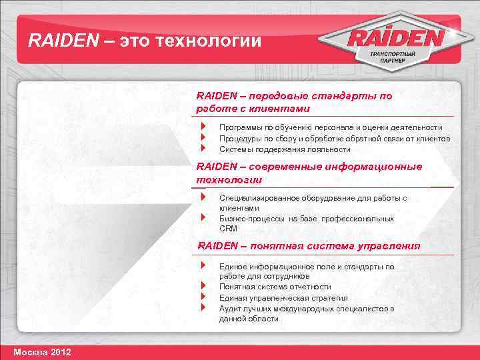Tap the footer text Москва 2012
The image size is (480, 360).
coord(41,351)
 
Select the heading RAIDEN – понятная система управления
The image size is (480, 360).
coord(309,245)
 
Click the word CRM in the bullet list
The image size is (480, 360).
coord(228,228)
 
